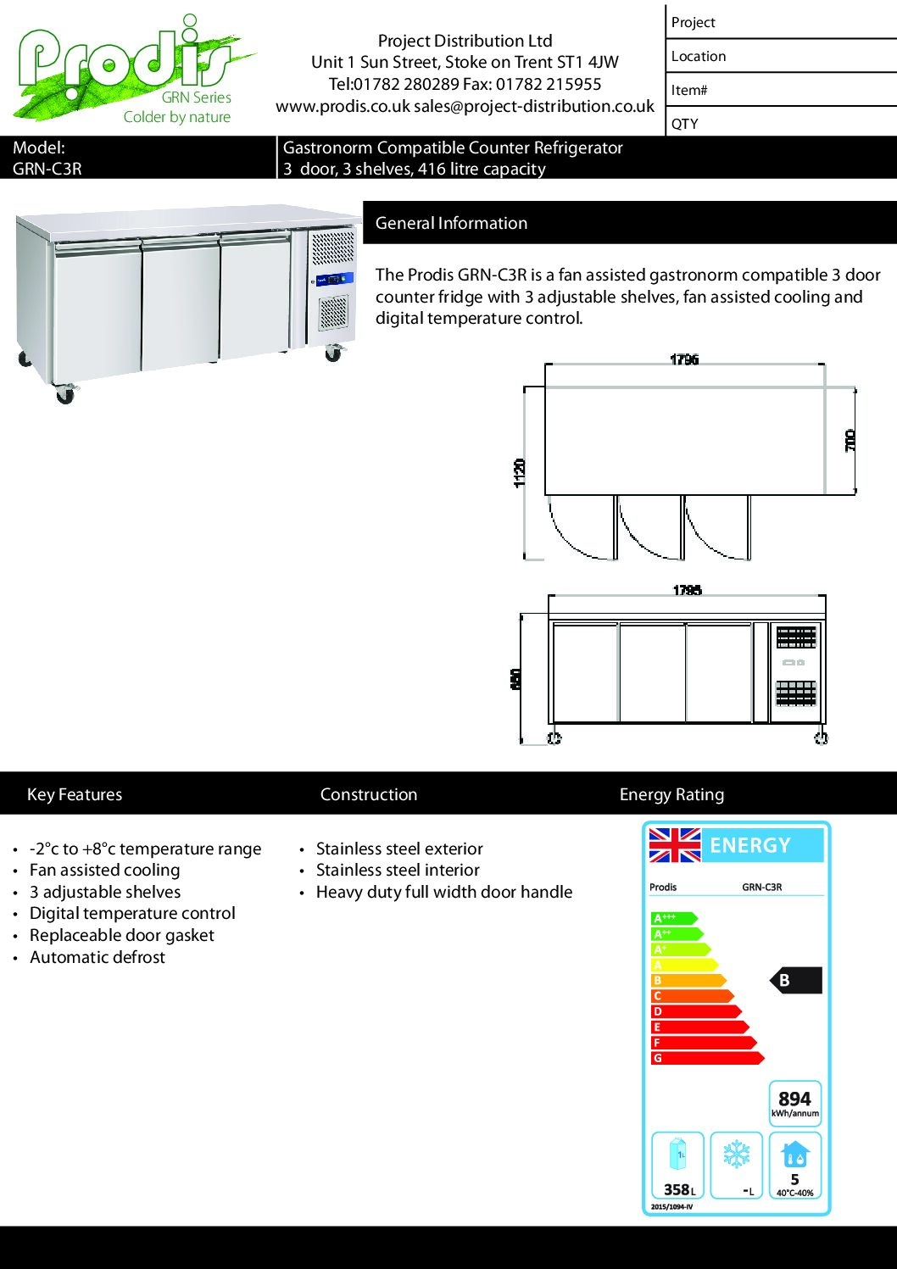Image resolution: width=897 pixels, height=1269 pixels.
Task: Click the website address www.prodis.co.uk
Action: (343, 107)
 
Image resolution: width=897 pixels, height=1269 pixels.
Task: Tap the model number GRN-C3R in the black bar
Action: (47, 169)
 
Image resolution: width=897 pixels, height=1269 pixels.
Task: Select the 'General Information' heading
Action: (451, 223)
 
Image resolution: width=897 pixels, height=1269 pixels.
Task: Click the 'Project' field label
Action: (693, 23)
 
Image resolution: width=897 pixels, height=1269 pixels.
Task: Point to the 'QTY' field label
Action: (685, 124)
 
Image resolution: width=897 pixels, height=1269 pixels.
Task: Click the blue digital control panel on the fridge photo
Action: (334, 280)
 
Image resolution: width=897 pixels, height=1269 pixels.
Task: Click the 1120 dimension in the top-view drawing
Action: (520, 472)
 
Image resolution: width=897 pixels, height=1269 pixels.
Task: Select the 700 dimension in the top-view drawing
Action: (850, 440)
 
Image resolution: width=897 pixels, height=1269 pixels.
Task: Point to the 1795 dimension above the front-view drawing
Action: (687, 590)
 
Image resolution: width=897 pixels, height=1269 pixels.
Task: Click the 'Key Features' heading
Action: (75, 794)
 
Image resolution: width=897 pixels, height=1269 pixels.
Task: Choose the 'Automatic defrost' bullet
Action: (97, 957)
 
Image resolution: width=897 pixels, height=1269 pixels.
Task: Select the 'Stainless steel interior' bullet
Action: (398, 870)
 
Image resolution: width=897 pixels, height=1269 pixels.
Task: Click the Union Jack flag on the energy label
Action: (674, 845)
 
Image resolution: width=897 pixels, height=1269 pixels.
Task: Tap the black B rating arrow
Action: (795, 980)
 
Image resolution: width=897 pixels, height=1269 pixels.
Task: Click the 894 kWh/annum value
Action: (794, 1099)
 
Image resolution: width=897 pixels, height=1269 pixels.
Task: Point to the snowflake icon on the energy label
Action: (736, 1155)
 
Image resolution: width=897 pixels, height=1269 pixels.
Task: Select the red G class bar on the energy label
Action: (706, 1058)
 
